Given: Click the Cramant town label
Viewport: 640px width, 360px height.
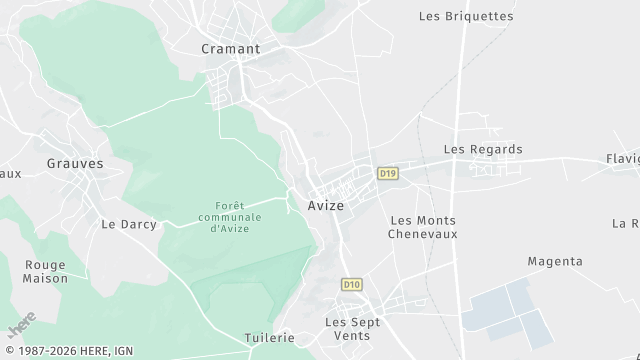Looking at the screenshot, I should (230, 48).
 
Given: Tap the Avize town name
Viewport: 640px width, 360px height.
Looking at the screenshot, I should (320, 205).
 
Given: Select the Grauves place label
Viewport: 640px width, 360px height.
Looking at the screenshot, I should (75, 162).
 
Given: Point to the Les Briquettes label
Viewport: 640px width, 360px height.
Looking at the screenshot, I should (466, 16).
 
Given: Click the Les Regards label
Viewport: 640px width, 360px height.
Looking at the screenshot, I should (483, 149).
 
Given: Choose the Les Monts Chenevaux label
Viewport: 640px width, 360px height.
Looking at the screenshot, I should (423, 227).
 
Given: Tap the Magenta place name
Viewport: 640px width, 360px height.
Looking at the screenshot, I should (555, 261).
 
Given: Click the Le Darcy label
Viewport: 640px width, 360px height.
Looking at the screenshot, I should (129, 224).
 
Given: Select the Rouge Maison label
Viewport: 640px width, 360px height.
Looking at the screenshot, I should (45, 271).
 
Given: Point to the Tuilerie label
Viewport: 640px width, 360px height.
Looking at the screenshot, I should (269, 338).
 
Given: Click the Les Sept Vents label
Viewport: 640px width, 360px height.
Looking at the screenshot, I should (347, 328).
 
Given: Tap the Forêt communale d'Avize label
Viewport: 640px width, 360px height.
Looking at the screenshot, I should (230, 217).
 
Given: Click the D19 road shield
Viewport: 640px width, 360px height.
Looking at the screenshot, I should (388, 173).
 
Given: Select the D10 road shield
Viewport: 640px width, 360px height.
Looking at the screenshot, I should (350, 285).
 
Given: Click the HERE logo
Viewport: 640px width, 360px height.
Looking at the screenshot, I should (21, 328).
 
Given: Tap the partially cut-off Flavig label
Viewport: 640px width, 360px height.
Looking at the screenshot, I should (622, 159).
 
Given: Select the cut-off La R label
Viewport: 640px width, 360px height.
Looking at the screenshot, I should (627, 223).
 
